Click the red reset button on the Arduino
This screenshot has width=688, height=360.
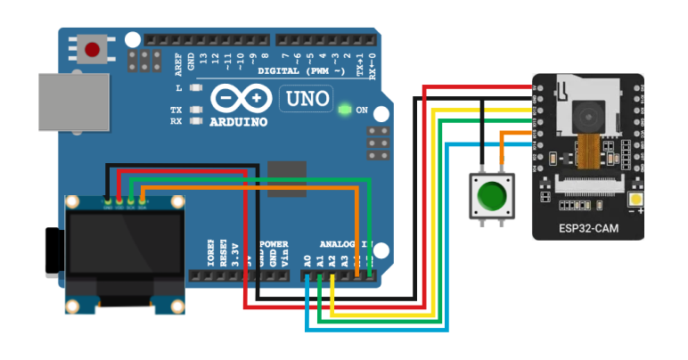click(x=93, y=48)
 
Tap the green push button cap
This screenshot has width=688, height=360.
click(x=492, y=194)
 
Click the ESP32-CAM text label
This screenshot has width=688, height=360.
click(x=588, y=228)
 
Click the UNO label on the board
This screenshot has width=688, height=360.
click(x=306, y=99)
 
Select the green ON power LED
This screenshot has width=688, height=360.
click(x=344, y=110)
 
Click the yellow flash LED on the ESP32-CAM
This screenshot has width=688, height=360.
click(x=637, y=200)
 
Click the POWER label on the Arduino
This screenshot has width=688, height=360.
click(x=274, y=244)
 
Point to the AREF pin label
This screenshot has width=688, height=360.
click(x=178, y=63)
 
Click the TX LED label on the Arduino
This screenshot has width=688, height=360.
click(x=176, y=110)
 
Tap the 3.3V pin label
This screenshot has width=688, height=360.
click(x=234, y=255)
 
